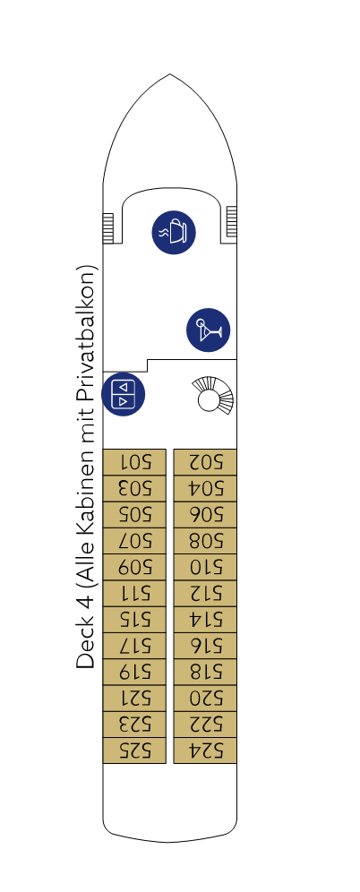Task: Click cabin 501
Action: [134, 461]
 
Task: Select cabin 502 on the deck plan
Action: [205, 461]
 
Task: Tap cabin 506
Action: [205, 514]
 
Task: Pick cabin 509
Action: [134, 567]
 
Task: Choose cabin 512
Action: [205, 593]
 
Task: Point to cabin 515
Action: [134, 619]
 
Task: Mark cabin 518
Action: [205, 672]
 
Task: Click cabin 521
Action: [134, 698]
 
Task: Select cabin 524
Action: [205, 750]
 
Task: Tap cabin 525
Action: [134, 750]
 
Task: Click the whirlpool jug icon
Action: [174, 232]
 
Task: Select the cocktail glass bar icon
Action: [208, 330]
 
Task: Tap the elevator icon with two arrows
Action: [124, 394]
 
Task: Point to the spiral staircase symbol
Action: [213, 395]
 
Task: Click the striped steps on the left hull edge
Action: [108, 228]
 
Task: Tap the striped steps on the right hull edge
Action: [231, 221]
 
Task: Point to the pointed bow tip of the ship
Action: [169, 74]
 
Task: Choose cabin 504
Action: [205, 488]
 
